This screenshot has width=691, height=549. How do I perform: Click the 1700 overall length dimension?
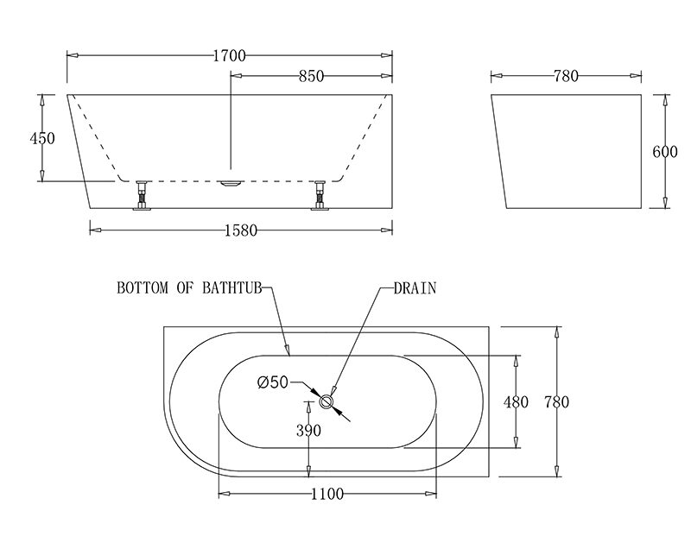(x=229, y=56)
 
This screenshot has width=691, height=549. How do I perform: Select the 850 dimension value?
(x=309, y=76)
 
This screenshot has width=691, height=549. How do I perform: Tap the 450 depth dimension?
(x=42, y=138)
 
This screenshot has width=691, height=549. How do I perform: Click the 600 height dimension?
(x=664, y=152)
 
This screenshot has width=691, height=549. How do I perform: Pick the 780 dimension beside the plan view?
(x=556, y=401)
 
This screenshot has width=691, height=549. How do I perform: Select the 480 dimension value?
(x=517, y=401)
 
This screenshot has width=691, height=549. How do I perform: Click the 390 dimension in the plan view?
(x=308, y=430)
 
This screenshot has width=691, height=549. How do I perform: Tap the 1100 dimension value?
(x=326, y=494)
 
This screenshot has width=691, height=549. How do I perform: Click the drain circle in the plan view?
(x=327, y=401)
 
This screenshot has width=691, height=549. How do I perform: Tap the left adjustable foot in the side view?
(x=141, y=194)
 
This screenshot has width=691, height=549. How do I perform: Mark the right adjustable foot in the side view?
(x=320, y=194)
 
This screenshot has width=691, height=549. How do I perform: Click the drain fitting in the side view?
(x=231, y=182)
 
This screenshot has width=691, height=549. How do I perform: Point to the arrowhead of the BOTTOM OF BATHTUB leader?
(x=288, y=351)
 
